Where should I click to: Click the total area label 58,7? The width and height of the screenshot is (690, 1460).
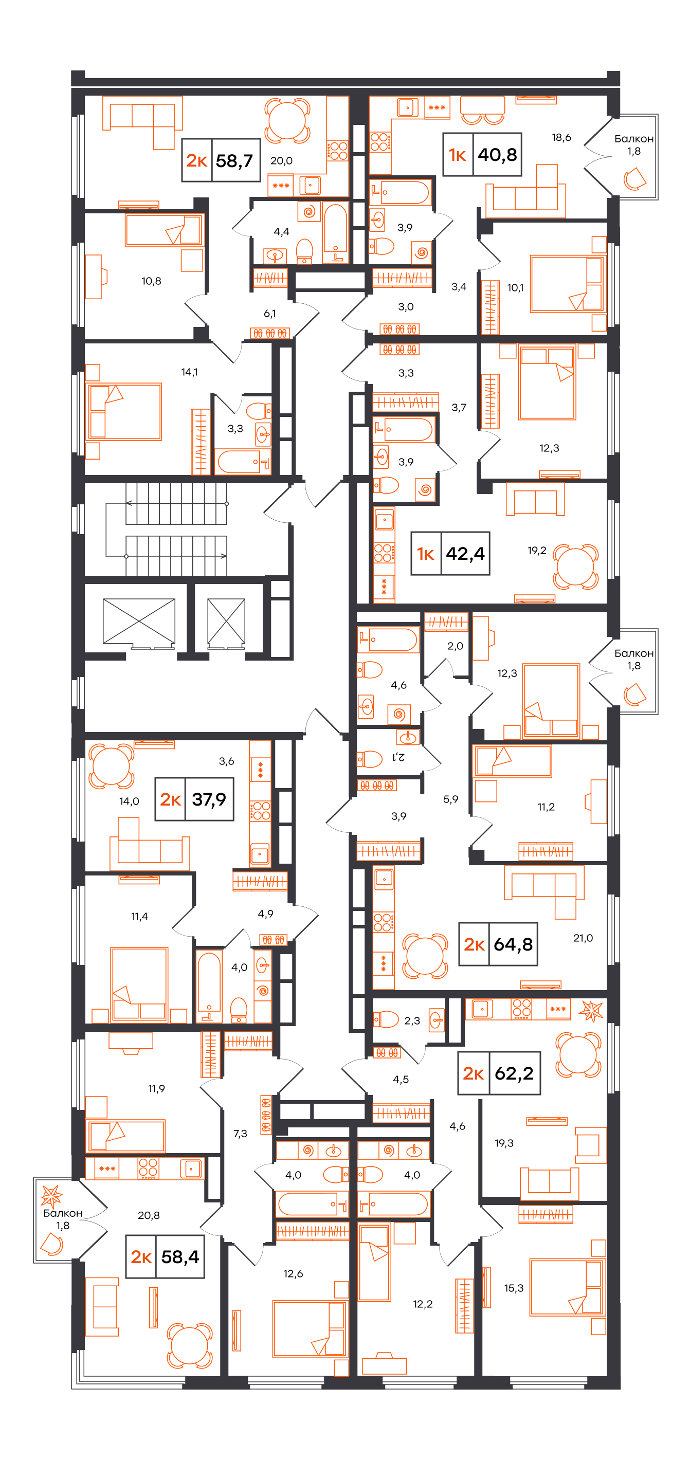click(x=234, y=160)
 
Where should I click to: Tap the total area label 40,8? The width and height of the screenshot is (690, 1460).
click(x=497, y=154)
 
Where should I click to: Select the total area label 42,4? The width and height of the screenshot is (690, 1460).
click(x=465, y=553)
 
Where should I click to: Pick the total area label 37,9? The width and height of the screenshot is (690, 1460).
click(x=209, y=799)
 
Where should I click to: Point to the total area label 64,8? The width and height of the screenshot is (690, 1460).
click(x=513, y=944)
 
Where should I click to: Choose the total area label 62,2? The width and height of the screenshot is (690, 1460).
click(x=514, y=1073)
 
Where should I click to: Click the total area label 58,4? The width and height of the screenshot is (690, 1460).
click(x=180, y=1256)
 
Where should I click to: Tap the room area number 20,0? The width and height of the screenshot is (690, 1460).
click(x=281, y=160)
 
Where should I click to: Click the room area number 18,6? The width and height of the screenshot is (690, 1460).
click(x=561, y=137)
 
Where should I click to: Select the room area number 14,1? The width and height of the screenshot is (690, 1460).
click(x=189, y=372)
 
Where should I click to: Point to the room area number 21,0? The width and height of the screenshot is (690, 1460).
click(x=583, y=938)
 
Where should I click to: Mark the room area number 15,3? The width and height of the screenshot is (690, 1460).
click(x=514, y=1288)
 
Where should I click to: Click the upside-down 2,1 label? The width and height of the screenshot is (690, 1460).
click(x=398, y=757)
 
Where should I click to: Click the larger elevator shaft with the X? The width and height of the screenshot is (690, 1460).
click(x=139, y=621)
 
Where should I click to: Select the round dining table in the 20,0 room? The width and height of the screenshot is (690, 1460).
click(x=287, y=121)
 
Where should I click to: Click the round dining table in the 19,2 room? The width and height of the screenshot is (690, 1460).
click(x=575, y=567)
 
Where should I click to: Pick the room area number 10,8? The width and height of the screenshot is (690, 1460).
click(x=151, y=281)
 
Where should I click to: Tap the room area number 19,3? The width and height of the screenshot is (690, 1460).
click(x=504, y=1143)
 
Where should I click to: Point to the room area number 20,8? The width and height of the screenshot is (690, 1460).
click(x=149, y=1215)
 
